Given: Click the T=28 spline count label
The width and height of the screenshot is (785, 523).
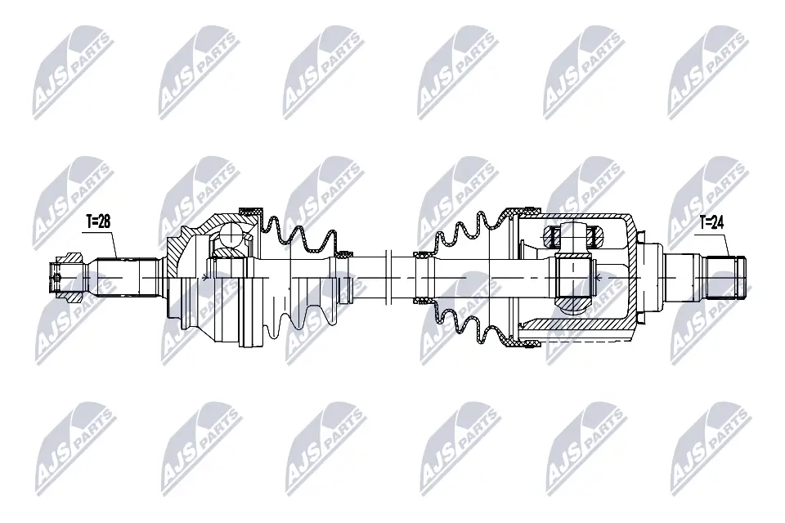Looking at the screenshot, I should tap(99, 221).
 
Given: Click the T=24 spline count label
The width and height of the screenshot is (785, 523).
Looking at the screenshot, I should tap(712, 221).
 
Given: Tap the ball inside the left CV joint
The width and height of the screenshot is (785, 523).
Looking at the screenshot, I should tap(230, 238).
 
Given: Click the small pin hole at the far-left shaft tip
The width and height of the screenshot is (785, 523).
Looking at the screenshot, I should tap(56, 276).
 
